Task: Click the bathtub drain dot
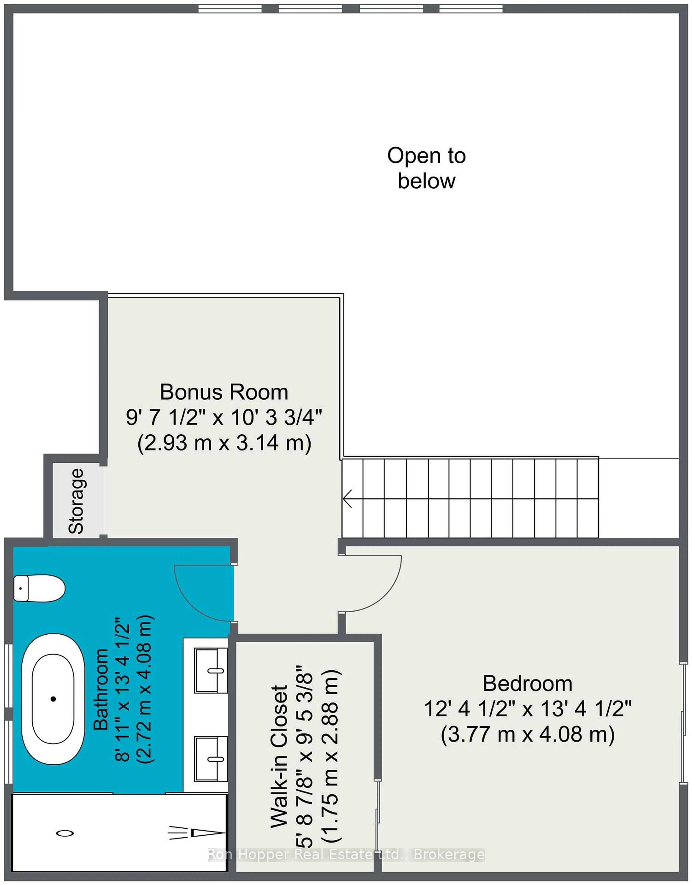[x=53, y=699]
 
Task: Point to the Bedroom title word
[x=527, y=684]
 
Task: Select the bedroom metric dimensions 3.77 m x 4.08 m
[x=527, y=734]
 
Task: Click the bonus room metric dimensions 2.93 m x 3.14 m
[x=224, y=443]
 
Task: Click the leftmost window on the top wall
[x=230, y=8]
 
